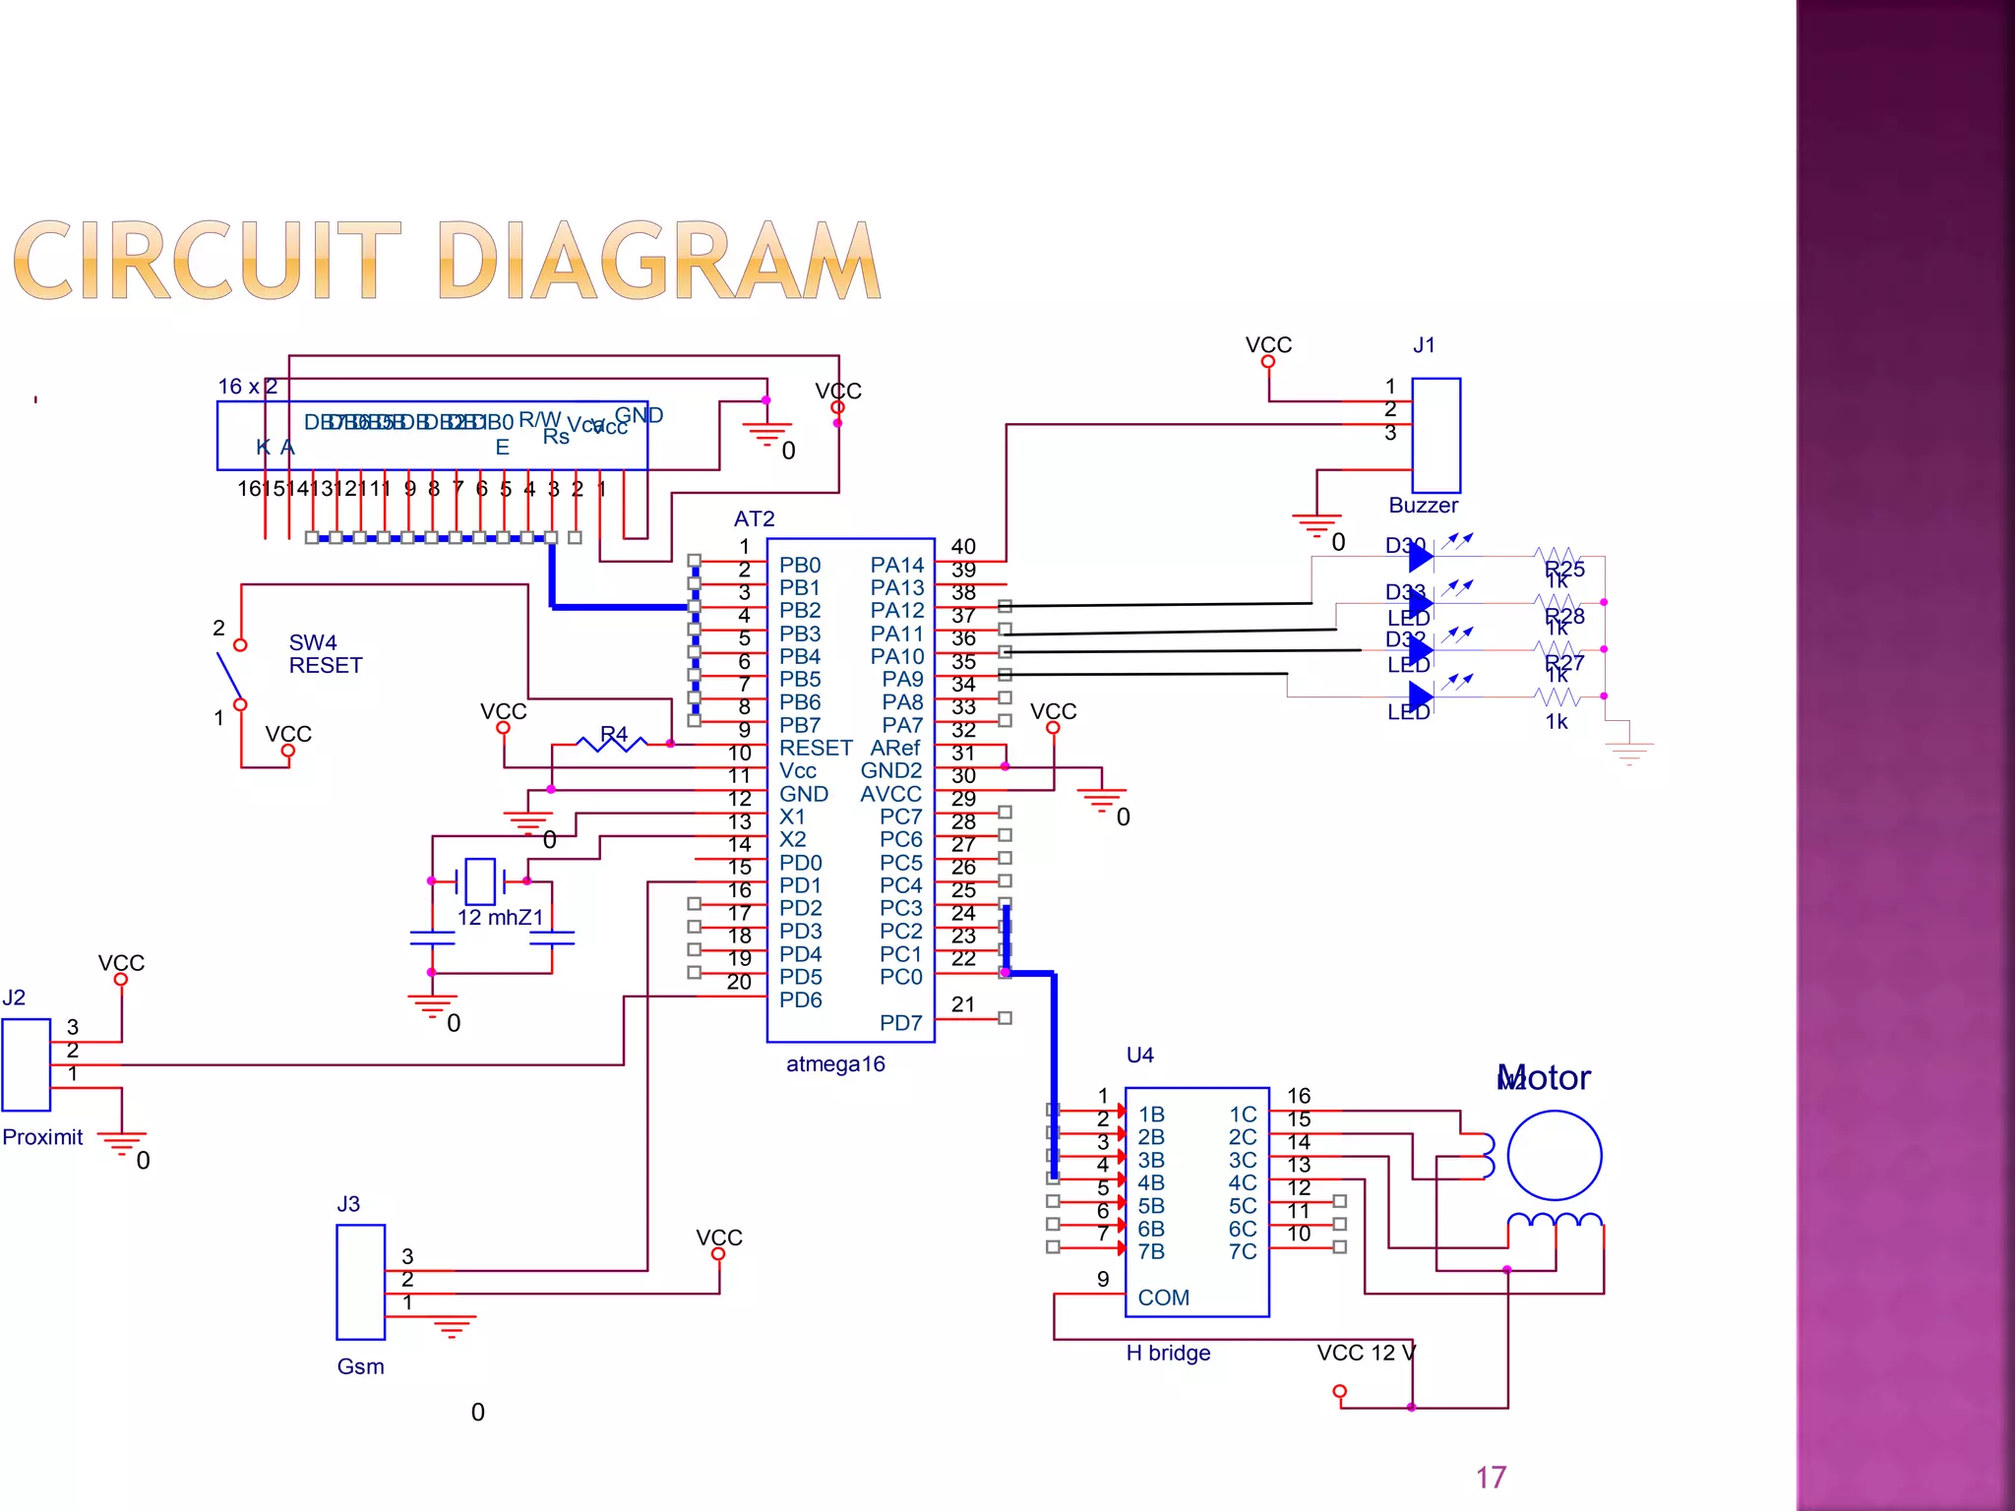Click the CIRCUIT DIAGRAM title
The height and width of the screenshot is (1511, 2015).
click(x=448, y=261)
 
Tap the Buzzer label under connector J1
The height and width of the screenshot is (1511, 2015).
click(x=1423, y=506)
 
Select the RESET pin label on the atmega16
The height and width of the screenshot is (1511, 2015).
click(x=815, y=748)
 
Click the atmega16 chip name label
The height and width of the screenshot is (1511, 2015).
click(x=835, y=1064)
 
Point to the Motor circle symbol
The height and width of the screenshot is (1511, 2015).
click(x=1554, y=1155)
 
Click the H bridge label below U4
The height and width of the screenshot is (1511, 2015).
click(x=1168, y=1354)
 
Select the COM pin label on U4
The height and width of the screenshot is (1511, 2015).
click(x=1163, y=1298)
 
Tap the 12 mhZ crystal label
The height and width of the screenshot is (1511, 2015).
click(x=500, y=918)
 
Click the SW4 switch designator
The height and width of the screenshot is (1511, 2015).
click(x=313, y=642)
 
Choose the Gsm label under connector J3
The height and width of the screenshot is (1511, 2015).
click(x=360, y=1366)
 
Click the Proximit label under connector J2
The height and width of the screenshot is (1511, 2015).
click(x=42, y=1137)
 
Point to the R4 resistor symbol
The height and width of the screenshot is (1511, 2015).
click(x=612, y=743)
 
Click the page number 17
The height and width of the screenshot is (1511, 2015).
click(x=1491, y=1477)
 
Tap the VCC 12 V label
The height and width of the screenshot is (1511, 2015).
click(x=1366, y=1354)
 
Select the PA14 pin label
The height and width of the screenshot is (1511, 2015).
click(x=896, y=565)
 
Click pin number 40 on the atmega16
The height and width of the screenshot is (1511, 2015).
click(x=963, y=546)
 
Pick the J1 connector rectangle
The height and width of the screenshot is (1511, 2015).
click(x=1435, y=435)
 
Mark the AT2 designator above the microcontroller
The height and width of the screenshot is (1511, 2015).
click(x=754, y=518)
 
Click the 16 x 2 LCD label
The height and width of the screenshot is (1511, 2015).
click(x=248, y=387)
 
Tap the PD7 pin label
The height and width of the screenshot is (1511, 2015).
click(x=900, y=1023)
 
